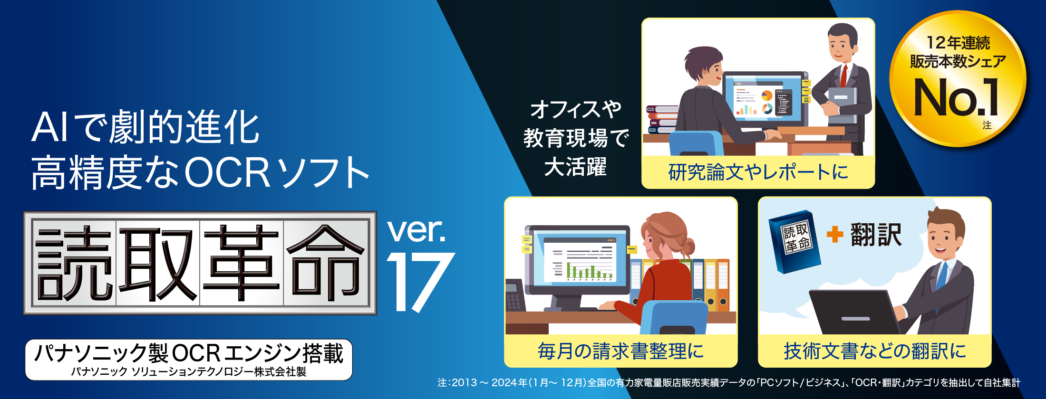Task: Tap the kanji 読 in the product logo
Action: [74, 263]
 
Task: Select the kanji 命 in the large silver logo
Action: [326, 263]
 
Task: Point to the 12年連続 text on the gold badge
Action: [958, 43]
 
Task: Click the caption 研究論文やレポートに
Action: [758, 172]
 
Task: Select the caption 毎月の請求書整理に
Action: [620, 351]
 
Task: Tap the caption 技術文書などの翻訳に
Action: [875, 351]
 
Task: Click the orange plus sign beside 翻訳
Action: [834, 234]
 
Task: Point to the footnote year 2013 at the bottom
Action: [464, 383]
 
